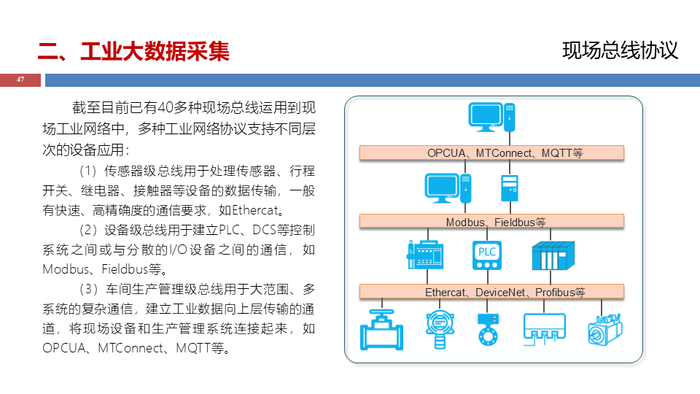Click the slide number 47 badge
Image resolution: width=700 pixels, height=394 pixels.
point(20,80)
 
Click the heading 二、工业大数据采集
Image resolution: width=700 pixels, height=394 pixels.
point(133,51)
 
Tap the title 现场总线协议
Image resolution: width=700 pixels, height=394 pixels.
point(621,50)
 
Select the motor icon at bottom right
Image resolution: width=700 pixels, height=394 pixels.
point(606,329)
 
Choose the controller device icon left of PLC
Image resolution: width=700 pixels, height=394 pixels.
point(424,256)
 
